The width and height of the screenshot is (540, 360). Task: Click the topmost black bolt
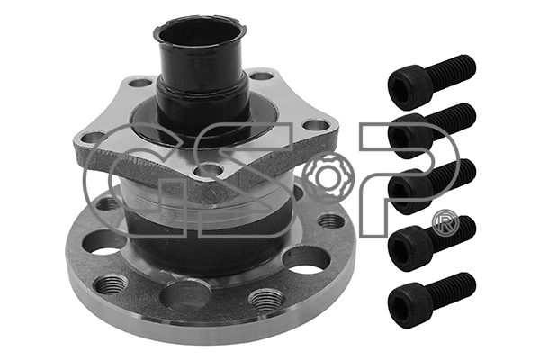click(431, 82)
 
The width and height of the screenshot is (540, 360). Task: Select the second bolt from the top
click(431, 130)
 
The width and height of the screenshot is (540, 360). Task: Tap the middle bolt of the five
click(431, 186)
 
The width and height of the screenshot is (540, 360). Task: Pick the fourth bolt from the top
click(431, 243)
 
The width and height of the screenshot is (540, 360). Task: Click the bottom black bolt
click(431, 300)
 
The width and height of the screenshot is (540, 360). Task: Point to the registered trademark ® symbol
click(446, 221)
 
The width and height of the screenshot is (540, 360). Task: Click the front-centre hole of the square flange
click(209, 171)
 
